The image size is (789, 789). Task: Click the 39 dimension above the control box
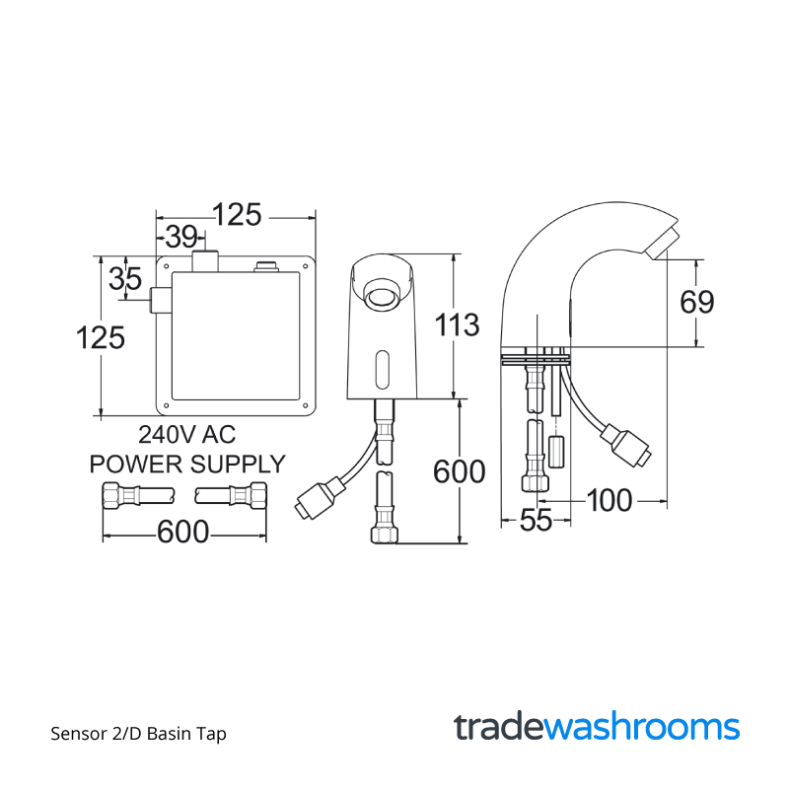[180, 237]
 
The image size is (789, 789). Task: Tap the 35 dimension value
[125, 278]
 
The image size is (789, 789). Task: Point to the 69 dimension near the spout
[696, 302]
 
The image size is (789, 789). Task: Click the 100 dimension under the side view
[609, 500]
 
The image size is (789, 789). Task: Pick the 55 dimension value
[536, 521]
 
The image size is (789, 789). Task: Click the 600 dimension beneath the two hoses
[183, 532]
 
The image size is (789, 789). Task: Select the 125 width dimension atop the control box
[237, 214]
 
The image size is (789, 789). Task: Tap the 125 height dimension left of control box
[101, 337]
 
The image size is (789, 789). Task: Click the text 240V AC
[186, 434]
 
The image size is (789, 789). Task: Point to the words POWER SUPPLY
[186, 463]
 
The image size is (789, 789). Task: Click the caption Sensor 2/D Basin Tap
[138, 734]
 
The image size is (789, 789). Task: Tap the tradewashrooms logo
[597, 727]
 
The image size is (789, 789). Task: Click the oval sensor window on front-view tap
[383, 370]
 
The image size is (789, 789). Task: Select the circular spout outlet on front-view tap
[381, 293]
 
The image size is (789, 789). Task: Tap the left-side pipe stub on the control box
[159, 301]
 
